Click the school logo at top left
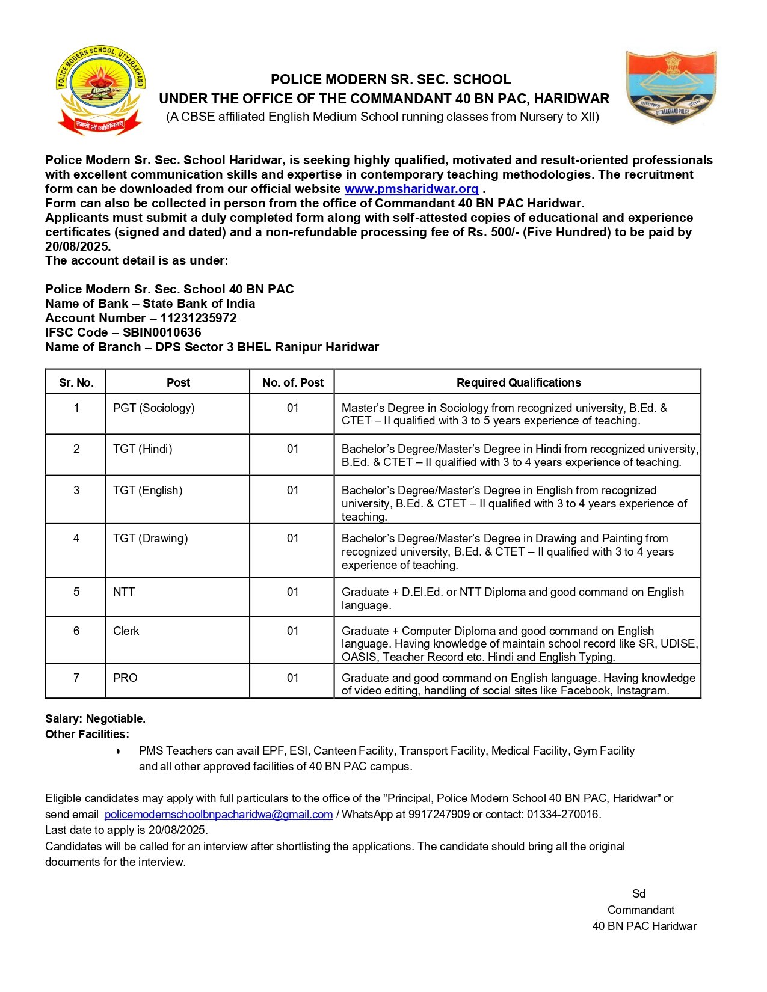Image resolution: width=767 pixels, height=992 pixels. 100,91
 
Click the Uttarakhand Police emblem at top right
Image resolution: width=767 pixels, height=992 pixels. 671,88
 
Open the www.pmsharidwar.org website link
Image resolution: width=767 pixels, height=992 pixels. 411,189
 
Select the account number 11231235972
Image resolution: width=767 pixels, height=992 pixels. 199,318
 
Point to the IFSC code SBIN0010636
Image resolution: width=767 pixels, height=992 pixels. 162,332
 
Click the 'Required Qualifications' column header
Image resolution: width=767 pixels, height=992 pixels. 518,382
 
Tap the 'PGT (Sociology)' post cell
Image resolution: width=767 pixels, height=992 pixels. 154,408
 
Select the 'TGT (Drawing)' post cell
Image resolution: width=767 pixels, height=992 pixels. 150,539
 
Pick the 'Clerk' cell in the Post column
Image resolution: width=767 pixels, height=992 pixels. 126,631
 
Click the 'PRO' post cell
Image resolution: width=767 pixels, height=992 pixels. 125,678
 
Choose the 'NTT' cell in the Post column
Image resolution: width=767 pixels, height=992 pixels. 124,592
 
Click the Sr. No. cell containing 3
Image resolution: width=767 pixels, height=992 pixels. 76,491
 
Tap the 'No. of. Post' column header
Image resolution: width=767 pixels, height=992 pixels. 293,382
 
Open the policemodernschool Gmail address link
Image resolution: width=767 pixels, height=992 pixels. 218,815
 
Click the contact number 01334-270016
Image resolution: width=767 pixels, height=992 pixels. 563,815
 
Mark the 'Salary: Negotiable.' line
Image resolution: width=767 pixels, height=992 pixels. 95,719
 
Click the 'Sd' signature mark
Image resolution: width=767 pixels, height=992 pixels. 639,894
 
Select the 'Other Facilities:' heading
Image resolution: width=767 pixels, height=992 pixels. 87,735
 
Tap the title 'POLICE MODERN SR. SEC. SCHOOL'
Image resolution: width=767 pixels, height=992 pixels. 390,79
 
